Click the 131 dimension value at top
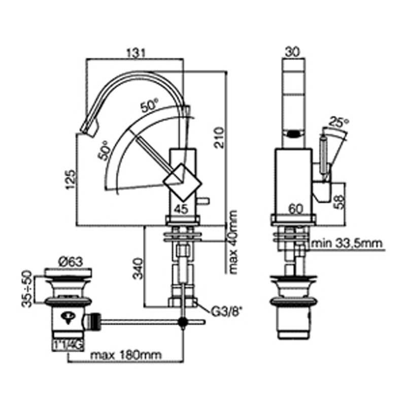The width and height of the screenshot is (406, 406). (136, 52)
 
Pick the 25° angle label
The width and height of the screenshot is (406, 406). (339, 122)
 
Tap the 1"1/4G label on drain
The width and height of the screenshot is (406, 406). (66, 345)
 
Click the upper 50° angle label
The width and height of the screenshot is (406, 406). (150, 107)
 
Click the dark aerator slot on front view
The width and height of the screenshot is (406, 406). (293, 135)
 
